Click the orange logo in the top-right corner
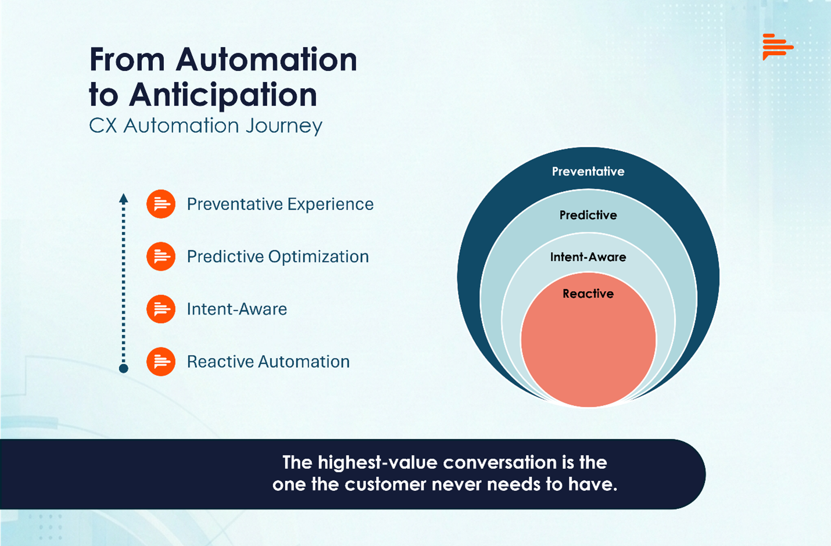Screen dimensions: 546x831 pyautogui.click(x=777, y=46)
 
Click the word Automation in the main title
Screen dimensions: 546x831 pyautogui.click(x=266, y=60)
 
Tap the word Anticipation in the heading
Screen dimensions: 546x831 pyautogui.click(x=223, y=95)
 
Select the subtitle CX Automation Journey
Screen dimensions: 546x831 pyautogui.click(x=205, y=126)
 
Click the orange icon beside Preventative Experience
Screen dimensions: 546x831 pyautogui.click(x=161, y=204)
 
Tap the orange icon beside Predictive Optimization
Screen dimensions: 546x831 pyautogui.click(x=161, y=257)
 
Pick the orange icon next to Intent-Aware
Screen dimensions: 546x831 pyautogui.click(x=161, y=309)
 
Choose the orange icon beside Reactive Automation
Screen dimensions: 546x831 pyautogui.click(x=161, y=361)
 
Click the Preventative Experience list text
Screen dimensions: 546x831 pyautogui.click(x=280, y=204)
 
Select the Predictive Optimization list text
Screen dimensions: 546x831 pyautogui.click(x=278, y=257)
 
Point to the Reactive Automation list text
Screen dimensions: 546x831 pyautogui.click(x=268, y=361)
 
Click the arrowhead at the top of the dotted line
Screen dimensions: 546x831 pyautogui.click(x=123, y=198)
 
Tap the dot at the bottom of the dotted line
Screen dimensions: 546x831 pyautogui.click(x=123, y=368)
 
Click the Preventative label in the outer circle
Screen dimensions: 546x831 pyautogui.click(x=588, y=171)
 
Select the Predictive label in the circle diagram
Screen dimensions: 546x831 pyautogui.click(x=588, y=215)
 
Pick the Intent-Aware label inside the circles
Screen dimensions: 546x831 pyautogui.click(x=588, y=257)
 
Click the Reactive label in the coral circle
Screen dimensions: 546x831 pyautogui.click(x=588, y=294)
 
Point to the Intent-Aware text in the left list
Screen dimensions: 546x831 pyautogui.click(x=237, y=309)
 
